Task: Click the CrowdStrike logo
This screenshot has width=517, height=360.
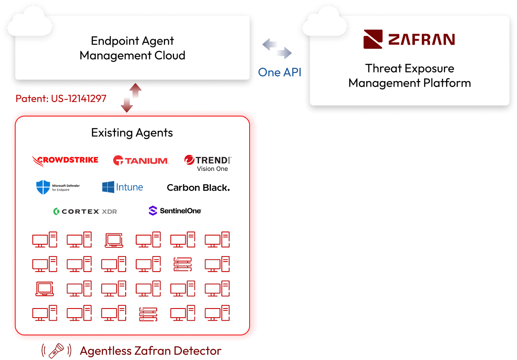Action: [x=65, y=160]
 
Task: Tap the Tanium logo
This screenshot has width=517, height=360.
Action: [x=141, y=160]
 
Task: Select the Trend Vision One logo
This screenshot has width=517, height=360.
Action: [x=208, y=163]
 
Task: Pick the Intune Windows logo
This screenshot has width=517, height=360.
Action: [x=108, y=187]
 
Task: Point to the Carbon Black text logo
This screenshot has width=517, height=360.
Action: [x=198, y=187]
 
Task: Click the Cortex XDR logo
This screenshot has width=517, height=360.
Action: [x=85, y=211]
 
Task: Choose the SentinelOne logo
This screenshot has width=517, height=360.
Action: [x=175, y=211]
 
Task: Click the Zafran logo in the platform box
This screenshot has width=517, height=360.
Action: [x=409, y=39]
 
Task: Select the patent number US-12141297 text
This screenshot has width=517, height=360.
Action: [x=61, y=98]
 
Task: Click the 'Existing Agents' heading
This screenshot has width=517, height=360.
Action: [x=132, y=133]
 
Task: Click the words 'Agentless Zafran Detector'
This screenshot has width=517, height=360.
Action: [x=150, y=351]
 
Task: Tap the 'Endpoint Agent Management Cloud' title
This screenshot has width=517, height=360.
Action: [x=132, y=48]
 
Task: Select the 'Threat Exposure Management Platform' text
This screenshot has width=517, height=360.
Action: [x=410, y=76]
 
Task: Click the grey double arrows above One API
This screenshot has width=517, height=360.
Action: [x=277, y=49]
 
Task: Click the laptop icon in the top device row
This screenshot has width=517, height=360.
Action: [x=113, y=240]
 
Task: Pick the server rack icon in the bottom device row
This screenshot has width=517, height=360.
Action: [x=148, y=314]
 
